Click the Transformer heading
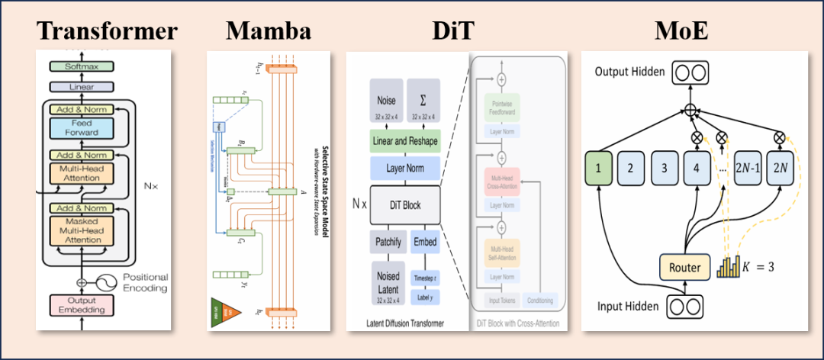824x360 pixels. pos(107,31)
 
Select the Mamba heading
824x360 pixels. pos(269,31)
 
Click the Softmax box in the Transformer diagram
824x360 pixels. pos(82,66)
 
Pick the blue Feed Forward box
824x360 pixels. pos(82,128)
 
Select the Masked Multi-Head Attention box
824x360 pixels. pos(82,230)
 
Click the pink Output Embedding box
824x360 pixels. pos(82,304)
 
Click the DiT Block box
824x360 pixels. pos(405,205)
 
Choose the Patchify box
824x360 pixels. pos(388,243)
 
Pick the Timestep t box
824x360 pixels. pos(425,277)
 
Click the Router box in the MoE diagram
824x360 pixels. pos(684,268)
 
